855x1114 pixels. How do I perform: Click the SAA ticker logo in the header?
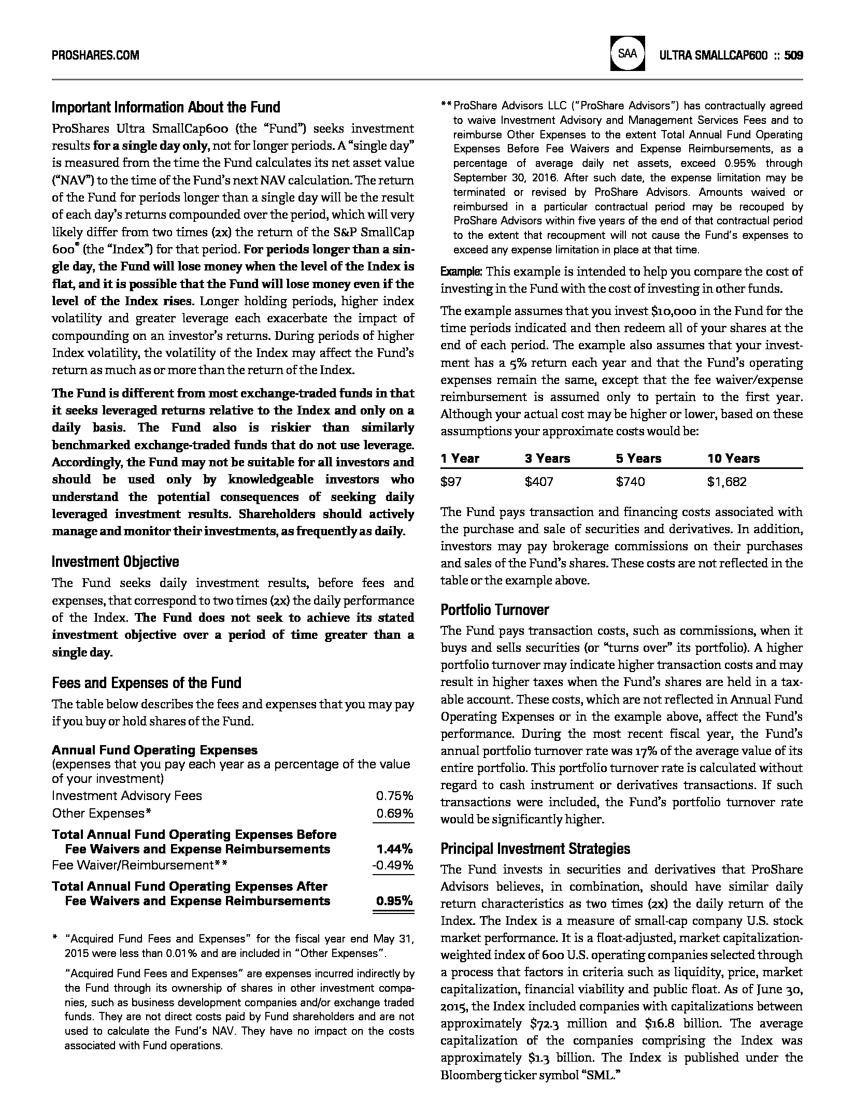(628, 53)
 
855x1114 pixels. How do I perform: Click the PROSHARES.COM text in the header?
(95, 55)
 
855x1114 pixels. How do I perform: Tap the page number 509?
(794, 55)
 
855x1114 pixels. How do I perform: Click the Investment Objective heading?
(116, 562)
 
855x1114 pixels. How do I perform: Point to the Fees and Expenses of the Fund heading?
(147, 683)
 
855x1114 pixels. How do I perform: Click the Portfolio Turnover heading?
(494, 610)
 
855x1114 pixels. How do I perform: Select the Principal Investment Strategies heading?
(535, 849)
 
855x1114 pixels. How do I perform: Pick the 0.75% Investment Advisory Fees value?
(394, 796)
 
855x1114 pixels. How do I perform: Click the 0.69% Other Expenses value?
(394, 813)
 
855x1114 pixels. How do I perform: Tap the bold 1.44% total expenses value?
(394, 849)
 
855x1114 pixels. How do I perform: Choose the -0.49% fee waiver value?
(393, 865)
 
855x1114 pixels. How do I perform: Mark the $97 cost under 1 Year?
(451, 482)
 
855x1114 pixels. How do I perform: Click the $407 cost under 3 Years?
(539, 482)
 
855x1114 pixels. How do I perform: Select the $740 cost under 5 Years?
(630, 482)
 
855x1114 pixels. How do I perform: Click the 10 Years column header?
(733, 459)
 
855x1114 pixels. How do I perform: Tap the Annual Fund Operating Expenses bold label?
(154, 750)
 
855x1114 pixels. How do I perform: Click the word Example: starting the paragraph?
(461, 272)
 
